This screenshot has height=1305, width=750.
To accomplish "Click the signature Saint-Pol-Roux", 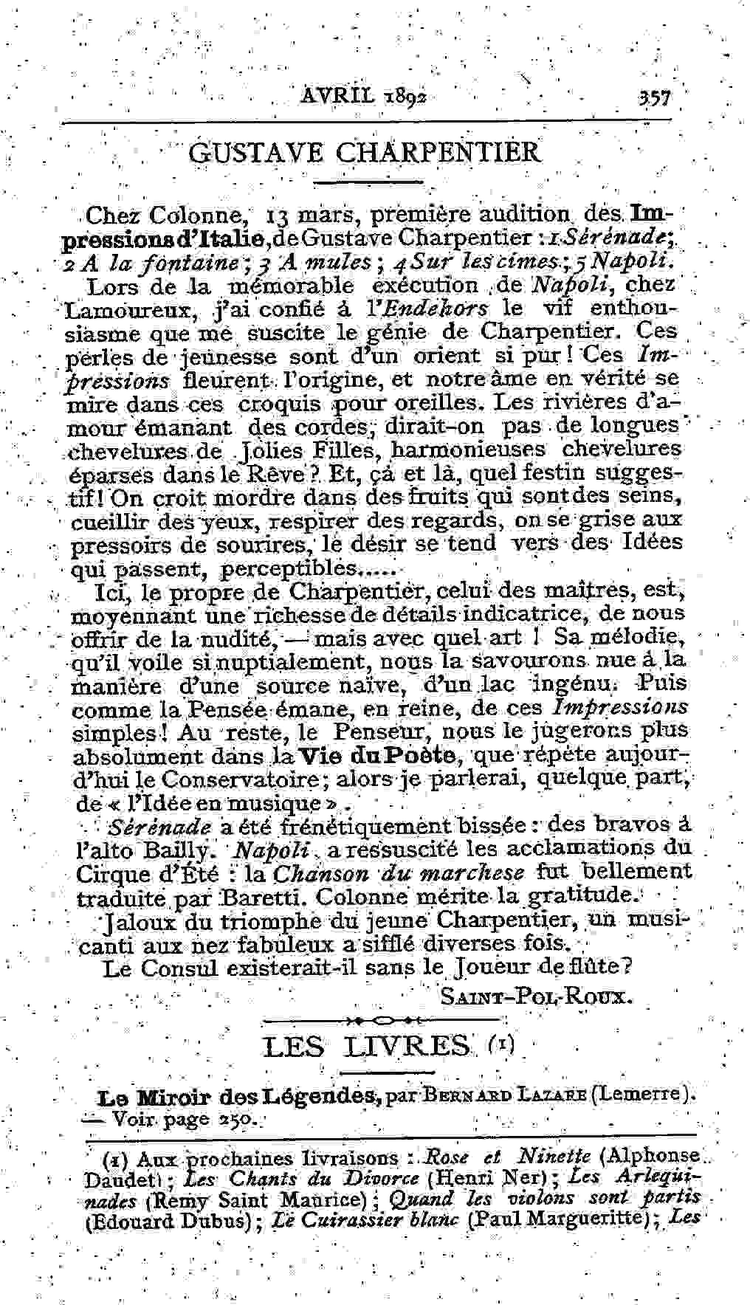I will (x=537, y=997).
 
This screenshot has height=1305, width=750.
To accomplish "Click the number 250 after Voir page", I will (x=235, y=1119).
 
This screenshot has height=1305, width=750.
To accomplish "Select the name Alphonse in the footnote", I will (x=661, y=1155).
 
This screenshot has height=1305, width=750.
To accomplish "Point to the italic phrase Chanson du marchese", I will (x=399, y=873).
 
